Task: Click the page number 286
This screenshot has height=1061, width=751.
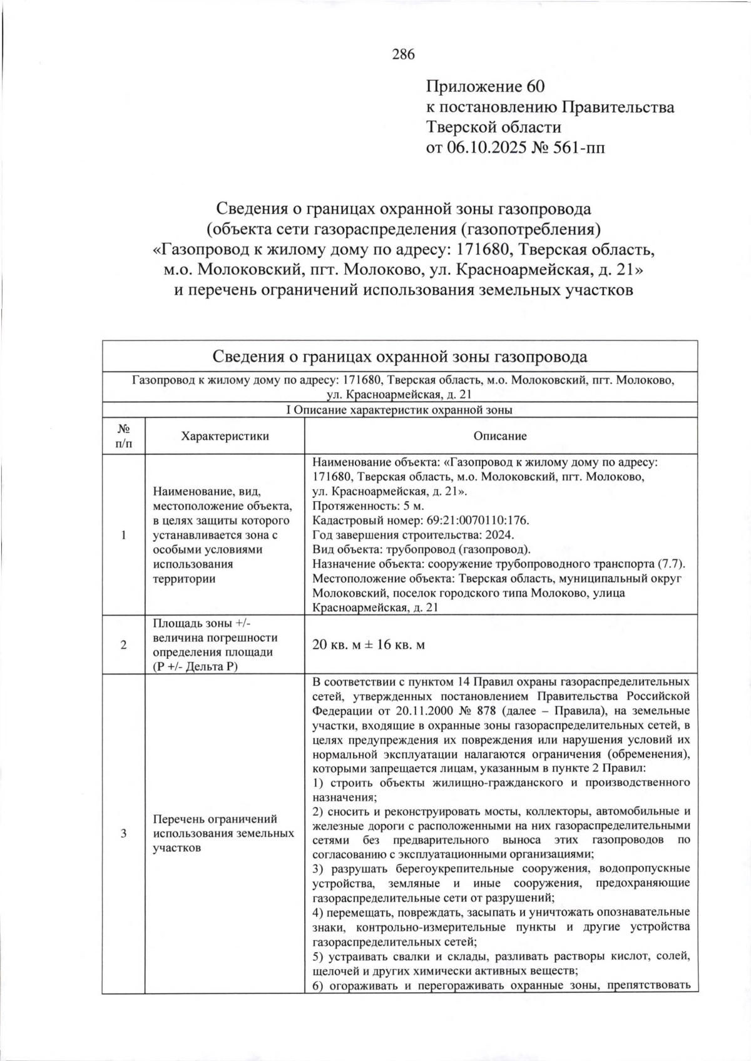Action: [x=403, y=54]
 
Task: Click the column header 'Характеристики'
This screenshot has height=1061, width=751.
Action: [x=225, y=436]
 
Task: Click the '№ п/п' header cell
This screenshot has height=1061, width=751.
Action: [x=123, y=436]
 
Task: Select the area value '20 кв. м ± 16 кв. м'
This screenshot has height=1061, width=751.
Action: [x=368, y=644]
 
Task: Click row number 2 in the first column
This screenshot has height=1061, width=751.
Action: [x=123, y=645]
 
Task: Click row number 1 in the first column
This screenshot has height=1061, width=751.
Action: [x=123, y=535]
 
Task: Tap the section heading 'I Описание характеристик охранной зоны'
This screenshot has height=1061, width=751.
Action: [x=399, y=410]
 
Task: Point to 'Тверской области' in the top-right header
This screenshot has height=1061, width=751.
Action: [x=493, y=128]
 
